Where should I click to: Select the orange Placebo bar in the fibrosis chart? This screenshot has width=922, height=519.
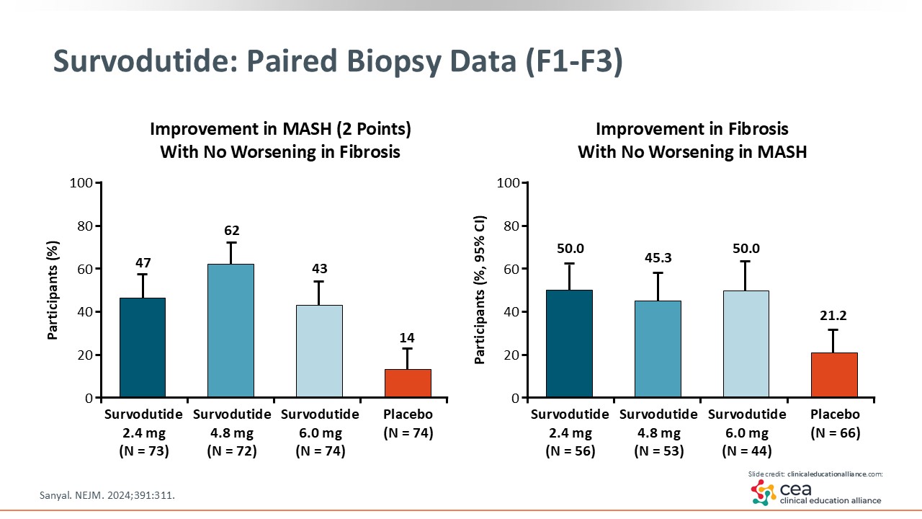pyautogui.click(x=834, y=375)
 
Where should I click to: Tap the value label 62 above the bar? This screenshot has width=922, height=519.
pyautogui.click(x=231, y=231)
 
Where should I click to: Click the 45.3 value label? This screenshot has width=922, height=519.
pyautogui.click(x=658, y=258)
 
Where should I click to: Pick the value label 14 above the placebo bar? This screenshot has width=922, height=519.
pyautogui.click(x=408, y=337)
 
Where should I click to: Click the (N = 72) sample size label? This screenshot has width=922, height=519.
pyautogui.click(x=231, y=451)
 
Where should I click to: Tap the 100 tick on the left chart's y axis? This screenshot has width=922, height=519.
pyautogui.click(x=81, y=182)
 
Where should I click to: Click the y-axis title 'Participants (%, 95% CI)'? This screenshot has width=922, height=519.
pyautogui.click(x=480, y=288)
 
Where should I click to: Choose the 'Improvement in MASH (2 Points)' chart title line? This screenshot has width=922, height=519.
pyautogui.click(x=280, y=130)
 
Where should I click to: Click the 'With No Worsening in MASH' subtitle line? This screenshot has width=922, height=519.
pyautogui.click(x=691, y=152)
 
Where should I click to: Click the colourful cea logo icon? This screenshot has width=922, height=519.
pyautogui.click(x=763, y=492)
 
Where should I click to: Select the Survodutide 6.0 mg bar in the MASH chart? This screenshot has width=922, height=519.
pyautogui.click(x=319, y=351)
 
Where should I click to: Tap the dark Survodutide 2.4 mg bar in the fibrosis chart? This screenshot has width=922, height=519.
pyautogui.click(x=569, y=343)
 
